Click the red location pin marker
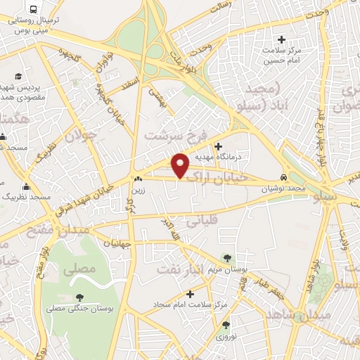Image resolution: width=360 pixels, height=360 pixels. click(181, 165)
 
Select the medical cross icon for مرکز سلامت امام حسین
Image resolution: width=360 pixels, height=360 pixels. click(283, 39)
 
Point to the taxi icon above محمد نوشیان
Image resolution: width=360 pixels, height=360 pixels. click(283, 178)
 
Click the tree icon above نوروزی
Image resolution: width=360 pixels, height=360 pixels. click(226, 326)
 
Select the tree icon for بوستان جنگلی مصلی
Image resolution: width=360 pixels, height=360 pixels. click(78, 296)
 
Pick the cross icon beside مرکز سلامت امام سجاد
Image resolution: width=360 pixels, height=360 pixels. click(210, 293)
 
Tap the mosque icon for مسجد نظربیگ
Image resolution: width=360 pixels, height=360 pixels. click(27, 187)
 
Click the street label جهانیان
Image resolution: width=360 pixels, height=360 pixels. click(118, 243)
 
